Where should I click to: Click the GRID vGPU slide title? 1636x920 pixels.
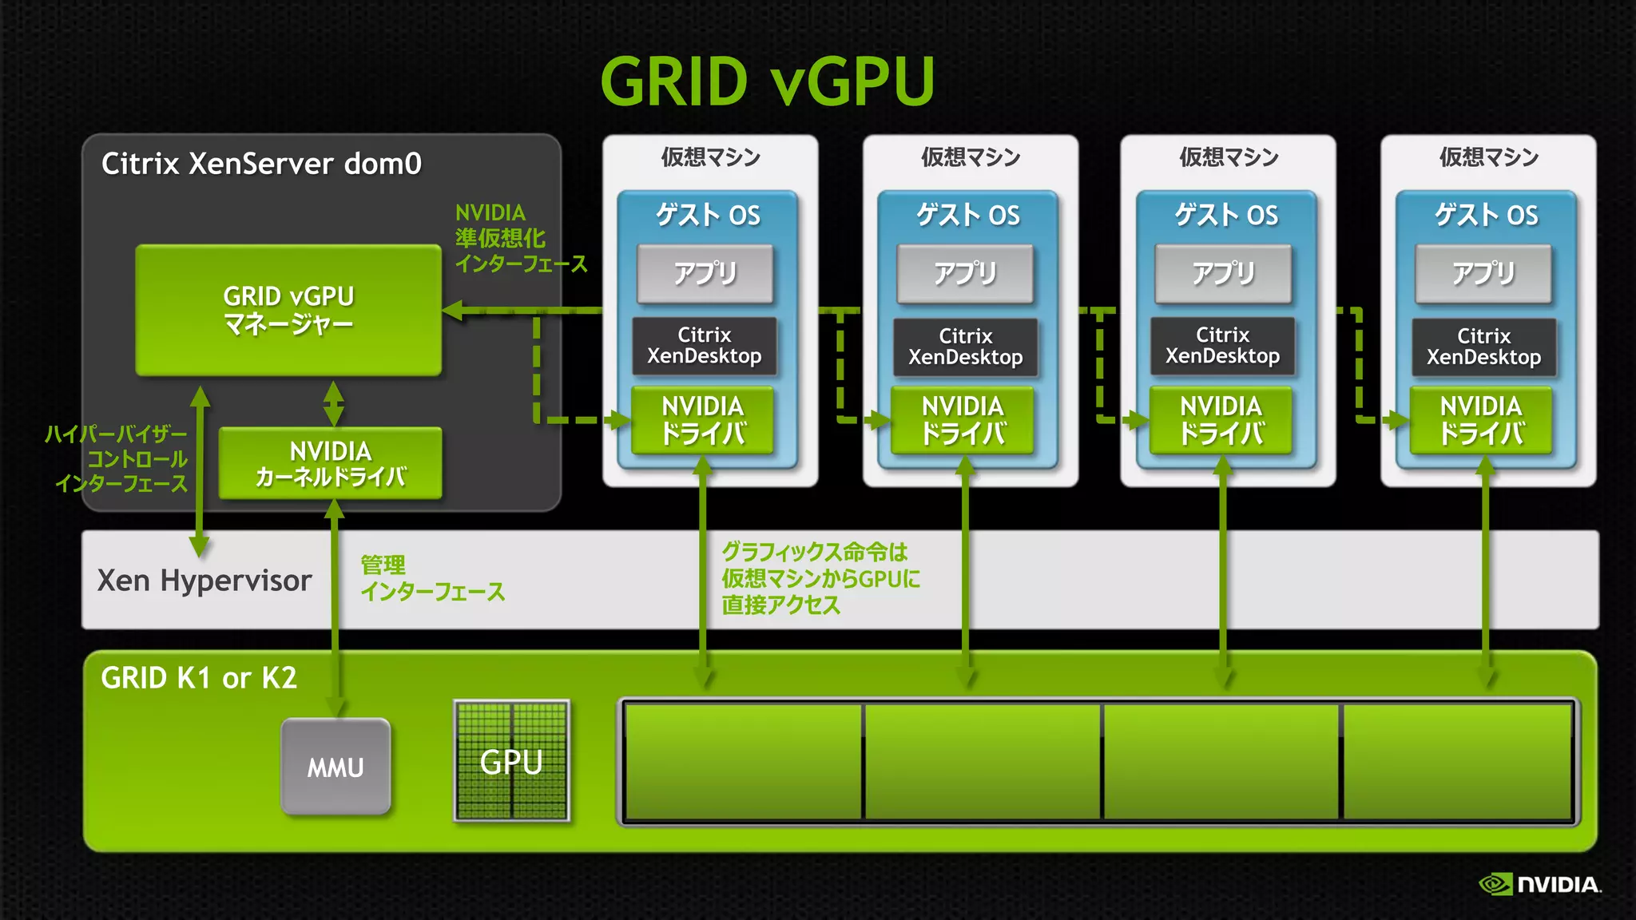pyautogui.click(x=767, y=81)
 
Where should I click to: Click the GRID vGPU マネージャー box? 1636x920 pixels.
pyautogui.click(x=288, y=310)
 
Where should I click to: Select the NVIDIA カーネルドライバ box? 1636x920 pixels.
pyautogui.click(x=330, y=463)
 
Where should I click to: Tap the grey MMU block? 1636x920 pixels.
pyautogui.click(x=336, y=767)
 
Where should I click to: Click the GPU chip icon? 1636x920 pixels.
pyautogui.click(x=511, y=761)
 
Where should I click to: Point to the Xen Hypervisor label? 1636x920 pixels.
pyautogui.click(x=204, y=581)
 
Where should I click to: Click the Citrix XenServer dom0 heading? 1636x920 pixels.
pyautogui.click(x=261, y=164)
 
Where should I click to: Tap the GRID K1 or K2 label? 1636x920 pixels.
pyautogui.click(x=199, y=678)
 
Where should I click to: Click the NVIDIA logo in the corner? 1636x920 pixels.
pyautogui.click(x=1539, y=884)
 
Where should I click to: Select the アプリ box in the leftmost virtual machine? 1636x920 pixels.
pyautogui.click(x=705, y=274)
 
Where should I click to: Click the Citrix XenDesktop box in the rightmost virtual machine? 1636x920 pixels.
pyautogui.click(x=1483, y=347)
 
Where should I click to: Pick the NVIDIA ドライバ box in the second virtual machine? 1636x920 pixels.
pyautogui.click(x=963, y=420)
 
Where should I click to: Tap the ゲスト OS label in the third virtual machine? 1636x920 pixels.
pyautogui.click(x=1226, y=215)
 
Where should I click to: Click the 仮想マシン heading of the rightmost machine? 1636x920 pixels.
pyautogui.click(x=1488, y=157)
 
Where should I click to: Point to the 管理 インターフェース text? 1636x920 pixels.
pyautogui.click(x=431, y=578)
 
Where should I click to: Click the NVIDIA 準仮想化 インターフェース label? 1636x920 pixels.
pyautogui.click(x=519, y=238)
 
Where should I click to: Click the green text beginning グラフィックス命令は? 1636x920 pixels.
pyautogui.click(x=820, y=578)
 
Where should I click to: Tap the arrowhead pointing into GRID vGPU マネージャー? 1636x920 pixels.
pyautogui.click(x=453, y=311)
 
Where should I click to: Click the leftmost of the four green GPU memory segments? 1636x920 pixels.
pyautogui.click(x=743, y=761)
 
